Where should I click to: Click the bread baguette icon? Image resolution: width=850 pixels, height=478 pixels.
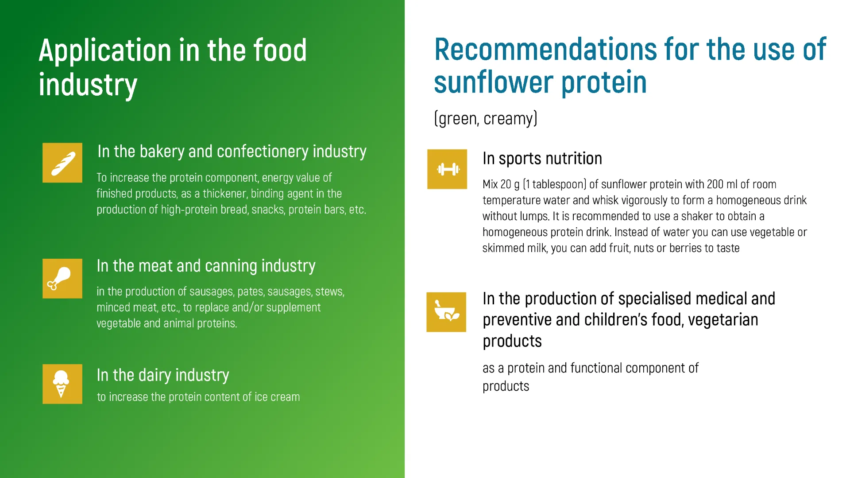(62, 163)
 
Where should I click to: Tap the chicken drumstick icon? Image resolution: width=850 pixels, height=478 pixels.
(62, 279)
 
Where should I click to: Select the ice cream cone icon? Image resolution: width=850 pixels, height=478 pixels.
(62, 384)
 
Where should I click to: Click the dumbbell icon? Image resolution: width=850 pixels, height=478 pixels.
(447, 169)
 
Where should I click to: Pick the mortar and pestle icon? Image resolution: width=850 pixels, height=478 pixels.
(446, 312)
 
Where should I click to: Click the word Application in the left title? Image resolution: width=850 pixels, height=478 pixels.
(105, 51)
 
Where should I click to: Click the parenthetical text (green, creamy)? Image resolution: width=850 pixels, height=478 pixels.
(486, 119)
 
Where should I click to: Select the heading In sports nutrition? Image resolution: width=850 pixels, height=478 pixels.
(542, 159)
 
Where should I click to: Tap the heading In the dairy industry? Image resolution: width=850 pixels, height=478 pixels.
(163, 375)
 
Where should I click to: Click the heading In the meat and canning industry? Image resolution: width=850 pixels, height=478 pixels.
(206, 266)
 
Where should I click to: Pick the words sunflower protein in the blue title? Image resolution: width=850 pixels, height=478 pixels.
(540, 82)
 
